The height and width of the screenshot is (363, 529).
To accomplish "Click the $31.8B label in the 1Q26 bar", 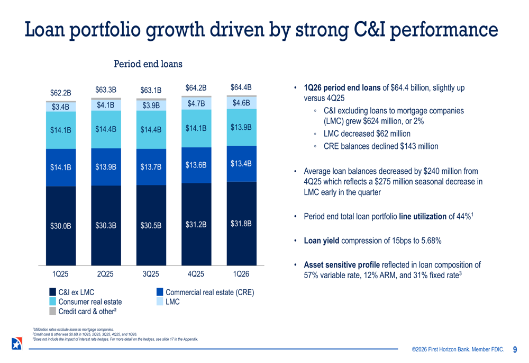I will (x=241, y=224).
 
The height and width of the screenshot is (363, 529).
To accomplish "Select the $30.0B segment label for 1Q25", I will (x=61, y=226).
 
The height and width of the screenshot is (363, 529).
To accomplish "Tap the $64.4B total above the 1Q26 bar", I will (x=241, y=87).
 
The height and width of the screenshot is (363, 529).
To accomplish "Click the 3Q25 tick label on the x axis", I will (x=151, y=274).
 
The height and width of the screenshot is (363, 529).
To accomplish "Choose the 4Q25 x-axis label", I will (x=196, y=274).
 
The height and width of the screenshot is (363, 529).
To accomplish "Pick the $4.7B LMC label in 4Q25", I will (x=196, y=104).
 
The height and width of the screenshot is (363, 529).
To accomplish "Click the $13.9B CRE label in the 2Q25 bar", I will (x=106, y=167).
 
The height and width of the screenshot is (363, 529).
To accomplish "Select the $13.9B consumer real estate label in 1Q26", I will (x=241, y=127).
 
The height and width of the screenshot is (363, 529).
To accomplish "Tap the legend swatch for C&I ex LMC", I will (x=53, y=292).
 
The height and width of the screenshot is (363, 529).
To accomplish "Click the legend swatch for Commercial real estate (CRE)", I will (x=160, y=292).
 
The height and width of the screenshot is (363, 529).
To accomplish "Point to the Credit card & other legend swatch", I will (x=53, y=311).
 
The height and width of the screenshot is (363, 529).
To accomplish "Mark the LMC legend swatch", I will (x=160, y=302).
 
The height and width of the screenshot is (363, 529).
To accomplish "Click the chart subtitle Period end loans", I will (x=148, y=64).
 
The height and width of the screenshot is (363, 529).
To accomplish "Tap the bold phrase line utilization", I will (x=423, y=216).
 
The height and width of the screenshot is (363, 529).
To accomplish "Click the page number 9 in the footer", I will (x=515, y=349).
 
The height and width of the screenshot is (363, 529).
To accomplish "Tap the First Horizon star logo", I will (x=16, y=343).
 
